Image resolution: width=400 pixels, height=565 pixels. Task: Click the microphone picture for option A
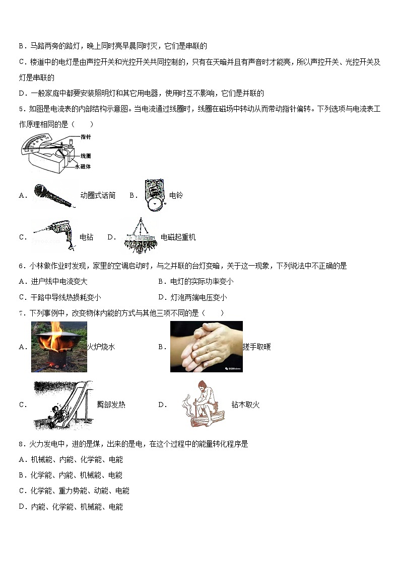coord(55,195)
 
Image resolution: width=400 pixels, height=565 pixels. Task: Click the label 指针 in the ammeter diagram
coord(86,136)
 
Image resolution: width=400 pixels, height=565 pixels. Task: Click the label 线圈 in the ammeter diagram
coord(86,156)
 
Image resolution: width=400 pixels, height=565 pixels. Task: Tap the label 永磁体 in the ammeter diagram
coord(83,166)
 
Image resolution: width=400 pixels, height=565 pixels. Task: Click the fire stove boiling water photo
coord(58,347)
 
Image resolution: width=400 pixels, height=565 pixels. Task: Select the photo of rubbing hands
coord(206,347)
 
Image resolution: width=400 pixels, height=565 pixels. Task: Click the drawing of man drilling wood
coord(204,404)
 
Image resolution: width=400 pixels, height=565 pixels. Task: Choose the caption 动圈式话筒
coord(98,196)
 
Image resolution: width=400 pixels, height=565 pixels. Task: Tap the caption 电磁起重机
coord(178,237)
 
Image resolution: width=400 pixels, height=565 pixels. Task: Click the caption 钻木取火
coord(245,405)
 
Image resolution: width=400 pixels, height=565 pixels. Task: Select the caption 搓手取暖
coord(257,347)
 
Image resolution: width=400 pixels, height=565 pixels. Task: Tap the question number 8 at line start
coord(21,444)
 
